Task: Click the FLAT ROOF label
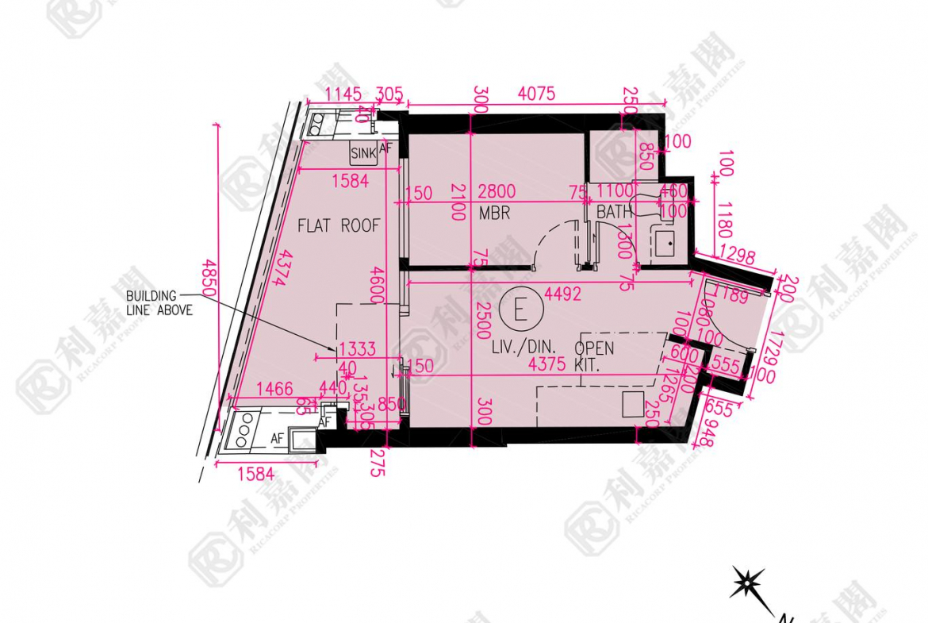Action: (339, 226)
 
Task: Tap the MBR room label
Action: (494, 213)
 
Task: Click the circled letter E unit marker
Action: (520, 308)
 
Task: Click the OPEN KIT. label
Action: (594, 357)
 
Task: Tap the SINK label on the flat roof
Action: (363, 152)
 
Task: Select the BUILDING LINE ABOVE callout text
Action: (159, 303)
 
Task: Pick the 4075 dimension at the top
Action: (536, 94)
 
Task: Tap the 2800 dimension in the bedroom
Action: (497, 192)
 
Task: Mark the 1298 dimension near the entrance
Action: (740, 256)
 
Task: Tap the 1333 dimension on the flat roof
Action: (357, 349)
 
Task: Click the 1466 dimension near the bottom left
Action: (274, 389)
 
